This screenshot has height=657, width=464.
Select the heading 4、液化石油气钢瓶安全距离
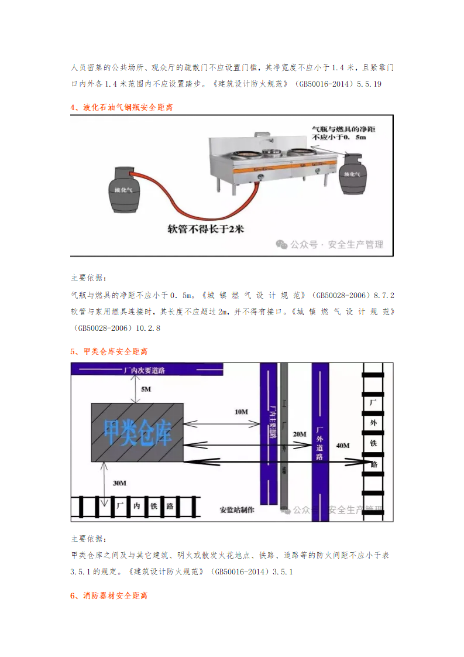tap(121, 108)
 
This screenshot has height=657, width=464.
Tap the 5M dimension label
tap(145, 389)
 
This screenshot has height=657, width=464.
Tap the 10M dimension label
tap(240, 412)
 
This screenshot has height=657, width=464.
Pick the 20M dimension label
tap(299, 434)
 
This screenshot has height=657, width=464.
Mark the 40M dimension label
tap(343, 446)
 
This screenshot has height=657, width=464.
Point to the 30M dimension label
tap(119, 483)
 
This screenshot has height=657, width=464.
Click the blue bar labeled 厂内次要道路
tap(146, 369)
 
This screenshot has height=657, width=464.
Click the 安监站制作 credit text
tap(237, 509)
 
